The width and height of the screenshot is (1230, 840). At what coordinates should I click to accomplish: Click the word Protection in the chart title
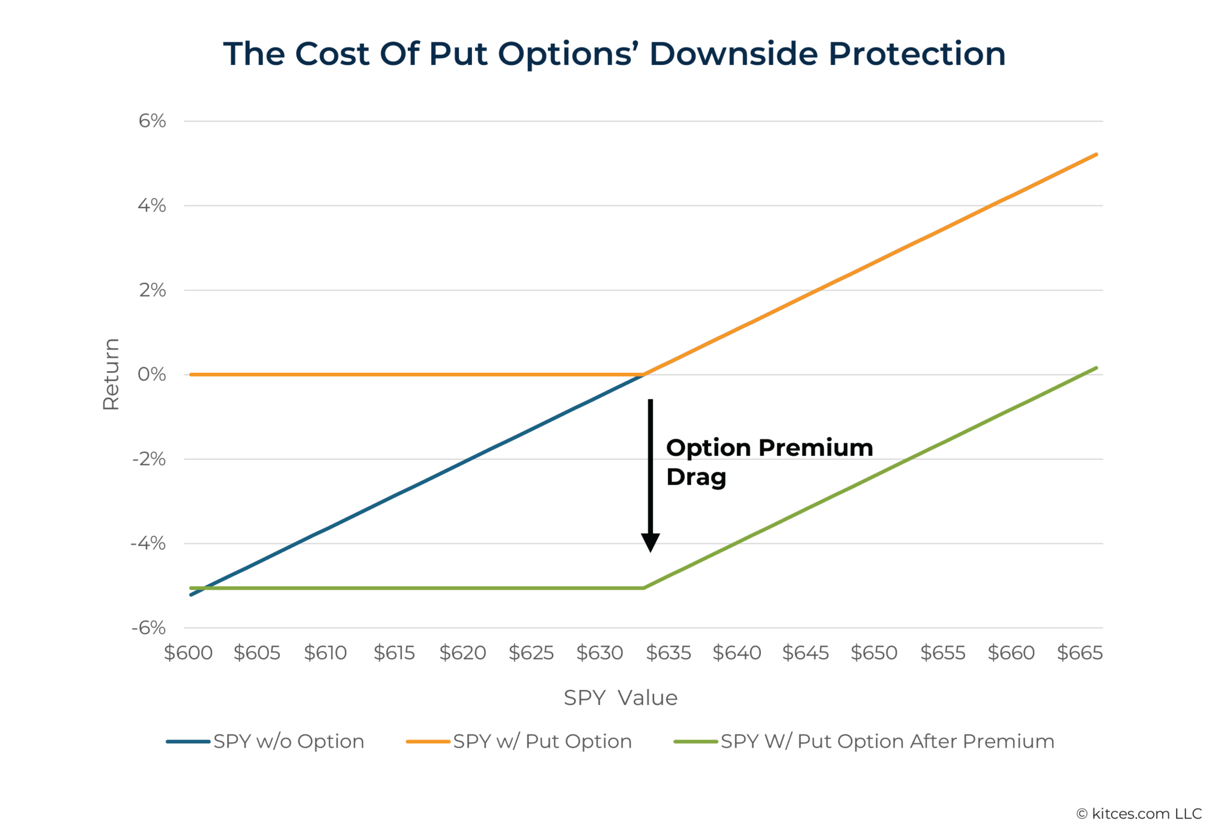(916, 54)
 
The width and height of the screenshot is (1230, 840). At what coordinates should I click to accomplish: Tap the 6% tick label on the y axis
(152, 121)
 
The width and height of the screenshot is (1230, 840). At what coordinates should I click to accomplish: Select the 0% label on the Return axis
(151, 374)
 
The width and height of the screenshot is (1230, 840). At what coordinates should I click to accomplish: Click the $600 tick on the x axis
(189, 653)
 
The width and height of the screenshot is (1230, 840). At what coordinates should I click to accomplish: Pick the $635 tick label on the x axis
(668, 653)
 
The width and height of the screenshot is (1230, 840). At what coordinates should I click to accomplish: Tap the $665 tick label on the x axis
(1079, 653)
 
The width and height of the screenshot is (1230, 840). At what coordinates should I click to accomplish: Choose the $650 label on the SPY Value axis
(874, 653)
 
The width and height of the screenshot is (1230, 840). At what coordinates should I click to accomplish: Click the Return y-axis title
(111, 374)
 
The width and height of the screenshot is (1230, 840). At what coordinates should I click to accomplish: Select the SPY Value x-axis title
(620, 698)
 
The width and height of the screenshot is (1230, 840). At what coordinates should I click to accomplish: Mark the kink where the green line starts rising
(644, 588)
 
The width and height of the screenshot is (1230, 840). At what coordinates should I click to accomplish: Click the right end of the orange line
(1096, 155)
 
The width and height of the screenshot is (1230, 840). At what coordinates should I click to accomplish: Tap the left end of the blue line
(191, 594)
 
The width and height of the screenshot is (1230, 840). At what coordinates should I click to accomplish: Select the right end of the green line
(1096, 368)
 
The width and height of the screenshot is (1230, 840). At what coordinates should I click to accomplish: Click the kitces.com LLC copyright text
(1139, 814)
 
